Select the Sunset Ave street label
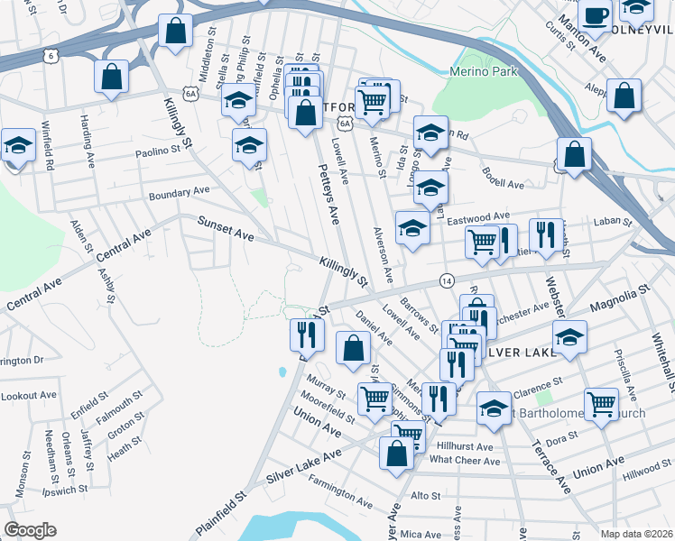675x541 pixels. pos(227,232)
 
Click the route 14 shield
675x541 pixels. pos(446,280)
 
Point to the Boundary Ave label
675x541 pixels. pos(179,193)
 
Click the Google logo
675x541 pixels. pos(30,530)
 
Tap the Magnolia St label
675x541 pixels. pos(619,299)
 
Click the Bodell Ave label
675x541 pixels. pos(503,178)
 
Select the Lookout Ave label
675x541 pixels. pos(28,396)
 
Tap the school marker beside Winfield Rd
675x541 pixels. pos(17,145)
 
